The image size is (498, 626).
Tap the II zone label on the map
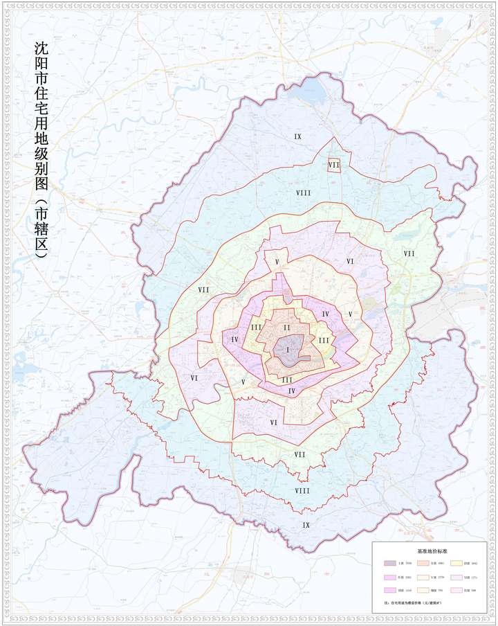(286, 327)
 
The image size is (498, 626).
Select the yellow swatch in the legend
(457, 564)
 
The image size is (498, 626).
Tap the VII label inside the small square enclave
(334, 165)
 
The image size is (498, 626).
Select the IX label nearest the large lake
(297, 137)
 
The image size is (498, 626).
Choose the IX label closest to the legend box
(306, 525)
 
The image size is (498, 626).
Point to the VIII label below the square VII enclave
(303, 193)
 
